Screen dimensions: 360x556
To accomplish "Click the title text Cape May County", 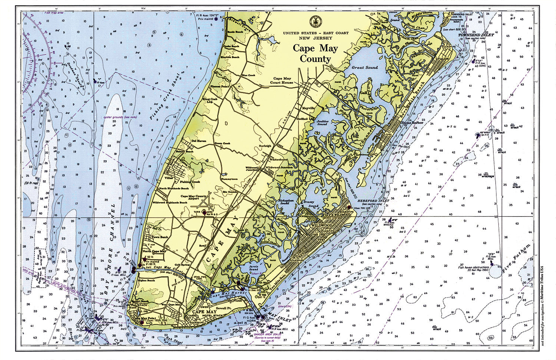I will (315, 53).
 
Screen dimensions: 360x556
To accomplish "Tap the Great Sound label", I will (365, 67).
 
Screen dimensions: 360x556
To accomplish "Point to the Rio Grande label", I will (230, 192).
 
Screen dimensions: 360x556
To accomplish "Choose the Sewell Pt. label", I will (224, 308).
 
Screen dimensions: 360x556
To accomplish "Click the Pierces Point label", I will (220, 86).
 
